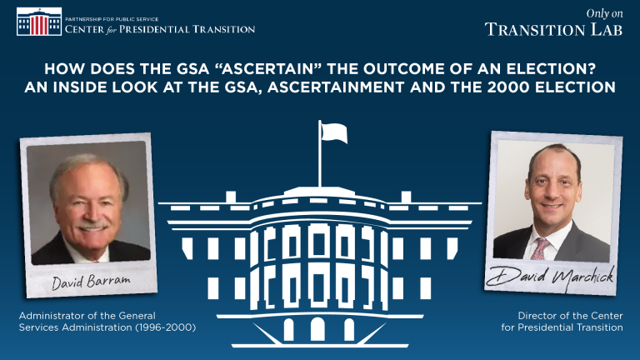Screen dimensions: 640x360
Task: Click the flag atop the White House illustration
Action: tap(334, 133)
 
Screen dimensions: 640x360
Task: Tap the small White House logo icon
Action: tap(39, 22)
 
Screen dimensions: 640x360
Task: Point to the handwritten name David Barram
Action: tap(91, 281)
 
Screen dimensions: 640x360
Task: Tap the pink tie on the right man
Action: tap(540, 249)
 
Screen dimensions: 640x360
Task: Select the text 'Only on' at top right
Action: tap(604, 13)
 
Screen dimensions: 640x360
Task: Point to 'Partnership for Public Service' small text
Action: tap(112, 19)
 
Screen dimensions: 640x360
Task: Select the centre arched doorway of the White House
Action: tap(317, 329)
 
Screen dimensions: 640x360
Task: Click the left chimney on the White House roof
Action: tap(231, 197)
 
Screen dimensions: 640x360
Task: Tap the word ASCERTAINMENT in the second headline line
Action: tap(336, 87)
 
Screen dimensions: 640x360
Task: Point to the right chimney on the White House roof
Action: tap(406, 197)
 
